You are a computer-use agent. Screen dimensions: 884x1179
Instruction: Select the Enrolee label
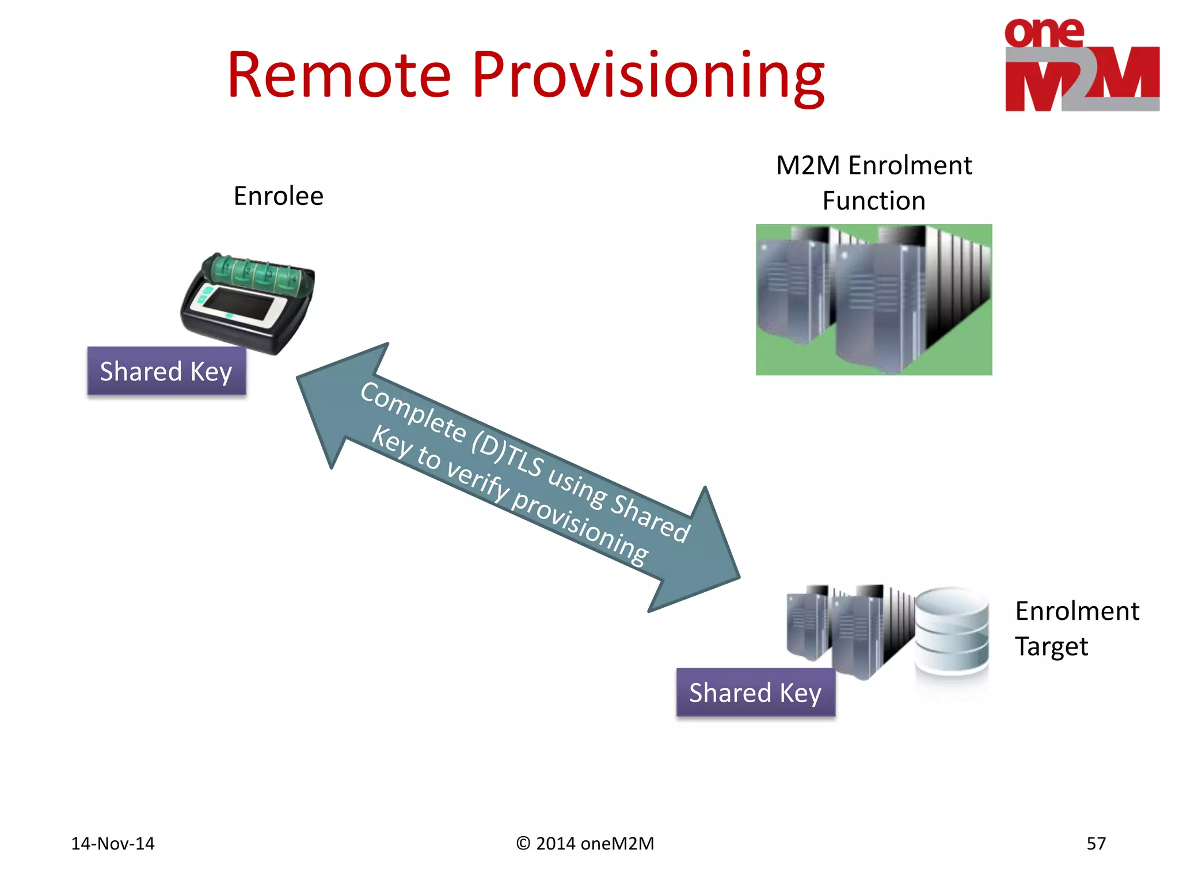(x=279, y=196)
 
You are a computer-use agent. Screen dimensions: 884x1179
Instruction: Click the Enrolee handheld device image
(x=248, y=302)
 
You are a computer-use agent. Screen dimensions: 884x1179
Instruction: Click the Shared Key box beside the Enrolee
(x=166, y=371)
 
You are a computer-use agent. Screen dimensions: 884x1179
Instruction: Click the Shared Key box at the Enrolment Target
(x=755, y=692)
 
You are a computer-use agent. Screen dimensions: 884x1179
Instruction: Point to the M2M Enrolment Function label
(x=873, y=183)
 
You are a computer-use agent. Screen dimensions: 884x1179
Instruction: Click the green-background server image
(x=873, y=299)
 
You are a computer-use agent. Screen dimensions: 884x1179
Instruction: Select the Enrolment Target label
(x=1076, y=628)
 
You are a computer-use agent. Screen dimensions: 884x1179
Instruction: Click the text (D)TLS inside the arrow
(x=507, y=455)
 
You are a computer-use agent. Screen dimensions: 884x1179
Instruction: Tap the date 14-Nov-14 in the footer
(x=113, y=844)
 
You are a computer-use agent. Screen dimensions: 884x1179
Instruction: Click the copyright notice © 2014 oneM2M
(x=585, y=844)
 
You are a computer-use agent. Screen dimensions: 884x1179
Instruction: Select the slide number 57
(x=1096, y=844)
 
